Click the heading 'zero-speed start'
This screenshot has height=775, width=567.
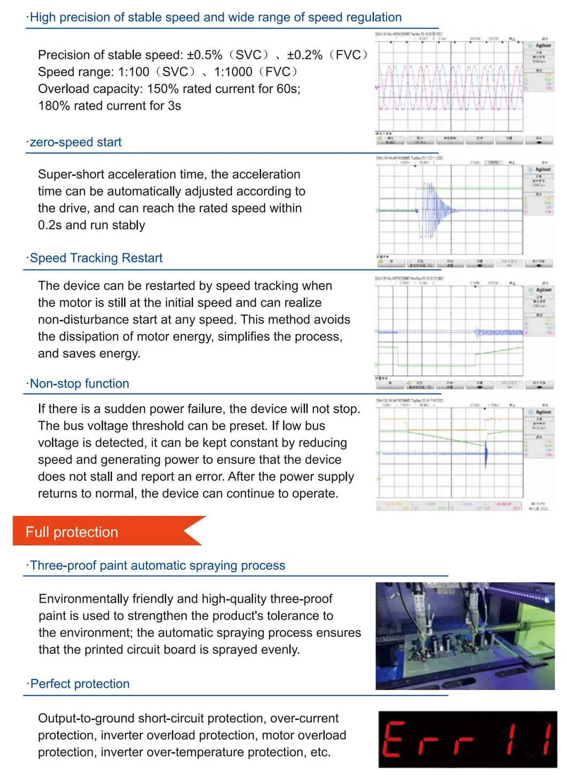click(75, 142)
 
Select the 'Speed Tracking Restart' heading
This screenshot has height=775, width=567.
click(96, 258)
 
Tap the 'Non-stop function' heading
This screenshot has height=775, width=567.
click(79, 384)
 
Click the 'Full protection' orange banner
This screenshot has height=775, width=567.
click(72, 532)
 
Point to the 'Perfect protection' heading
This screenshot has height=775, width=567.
click(80, 684)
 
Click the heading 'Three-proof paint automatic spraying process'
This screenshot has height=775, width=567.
click(157, 565)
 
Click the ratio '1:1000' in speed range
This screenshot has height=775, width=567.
click(233, 72)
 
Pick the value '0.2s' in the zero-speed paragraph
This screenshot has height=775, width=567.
click(50, 225)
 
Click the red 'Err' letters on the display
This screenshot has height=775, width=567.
click(428, 740)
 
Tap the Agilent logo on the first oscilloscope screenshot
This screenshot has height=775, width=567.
click(542, 46)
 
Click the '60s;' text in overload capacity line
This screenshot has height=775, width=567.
click(288, 89)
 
